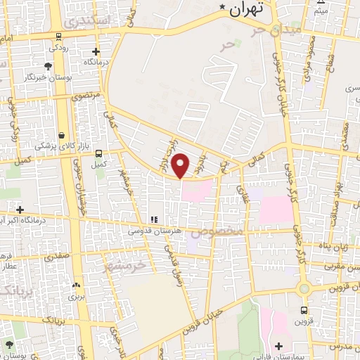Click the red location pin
[181, 165]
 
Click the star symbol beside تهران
[223, 8]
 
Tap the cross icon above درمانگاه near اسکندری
[96, 51]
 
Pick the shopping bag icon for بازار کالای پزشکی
[62, 135]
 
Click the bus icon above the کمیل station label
[98, 153]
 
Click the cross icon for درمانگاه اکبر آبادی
[20, 210]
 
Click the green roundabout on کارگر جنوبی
[304, 288]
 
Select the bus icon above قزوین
[304, 310]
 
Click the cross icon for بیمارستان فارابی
[278, 345]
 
